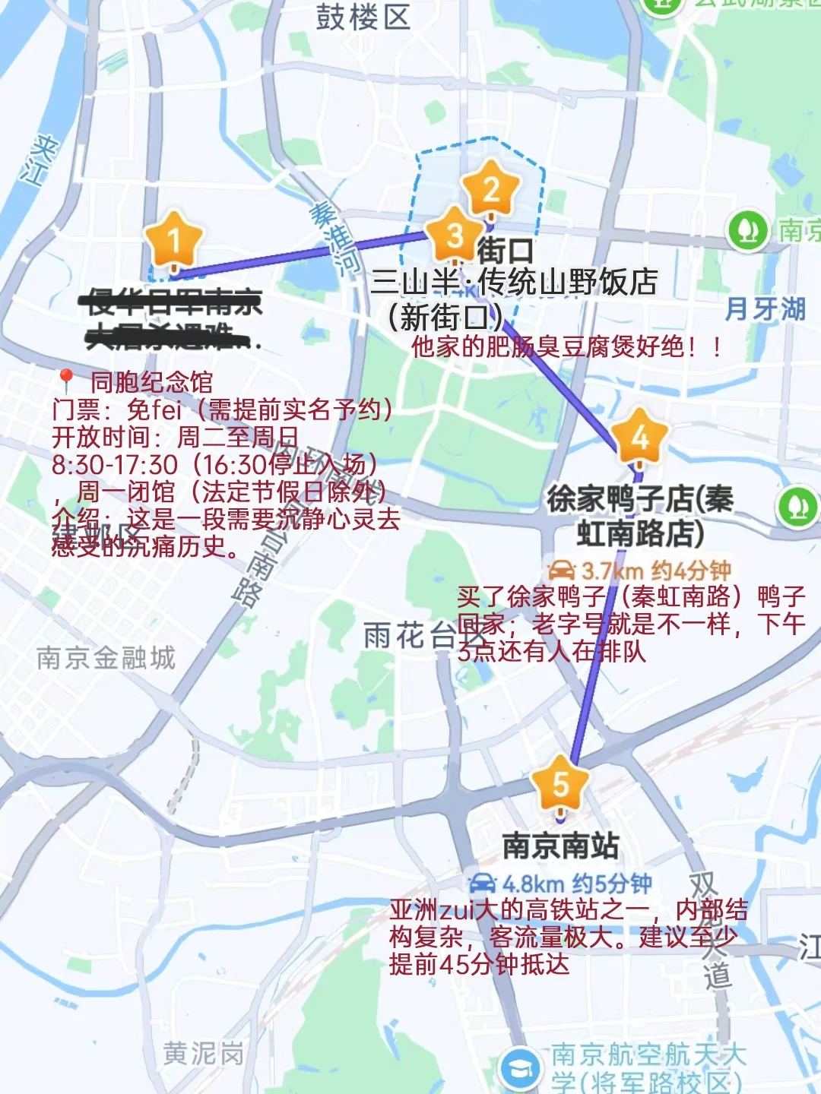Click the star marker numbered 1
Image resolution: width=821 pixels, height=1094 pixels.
pyautogui.click(x=174, y=242)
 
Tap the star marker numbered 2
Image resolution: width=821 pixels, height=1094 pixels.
pyautogui.click(x=491, y=190)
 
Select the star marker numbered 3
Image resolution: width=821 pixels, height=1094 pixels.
pyautogui.click(x=455, y=236)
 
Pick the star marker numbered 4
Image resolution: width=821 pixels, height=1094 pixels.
pyautogui.click(x=639, y=438)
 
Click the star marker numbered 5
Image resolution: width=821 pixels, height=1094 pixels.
pyautogui.click(x=560, y=786)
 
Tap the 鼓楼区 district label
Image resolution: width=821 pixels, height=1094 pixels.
pyautogui.click(x=363, y=17)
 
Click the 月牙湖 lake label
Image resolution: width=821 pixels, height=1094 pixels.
pyautogui.click(x=765, y=309)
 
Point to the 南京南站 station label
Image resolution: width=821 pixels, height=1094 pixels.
pyautogui.click(x=561, y=846)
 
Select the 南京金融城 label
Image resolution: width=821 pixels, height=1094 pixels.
pyautogui.click(x=106, y=657)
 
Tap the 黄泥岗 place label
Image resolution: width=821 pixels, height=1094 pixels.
pyautogui.click(x=204, y=1054)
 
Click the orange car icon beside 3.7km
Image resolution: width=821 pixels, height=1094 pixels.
pyautogui.click(x=561, y=570)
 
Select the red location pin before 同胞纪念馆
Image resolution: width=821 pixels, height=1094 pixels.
pyautogui.click(x=66, y=380)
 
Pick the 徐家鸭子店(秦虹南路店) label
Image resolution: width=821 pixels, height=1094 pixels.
pyautogui.click(x=640, y=516)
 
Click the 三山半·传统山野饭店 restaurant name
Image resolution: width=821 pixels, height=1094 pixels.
pyautogui.click(x=514, y=282)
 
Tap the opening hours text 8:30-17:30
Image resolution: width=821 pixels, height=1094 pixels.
pyautogui.click(x=115, y=464)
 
